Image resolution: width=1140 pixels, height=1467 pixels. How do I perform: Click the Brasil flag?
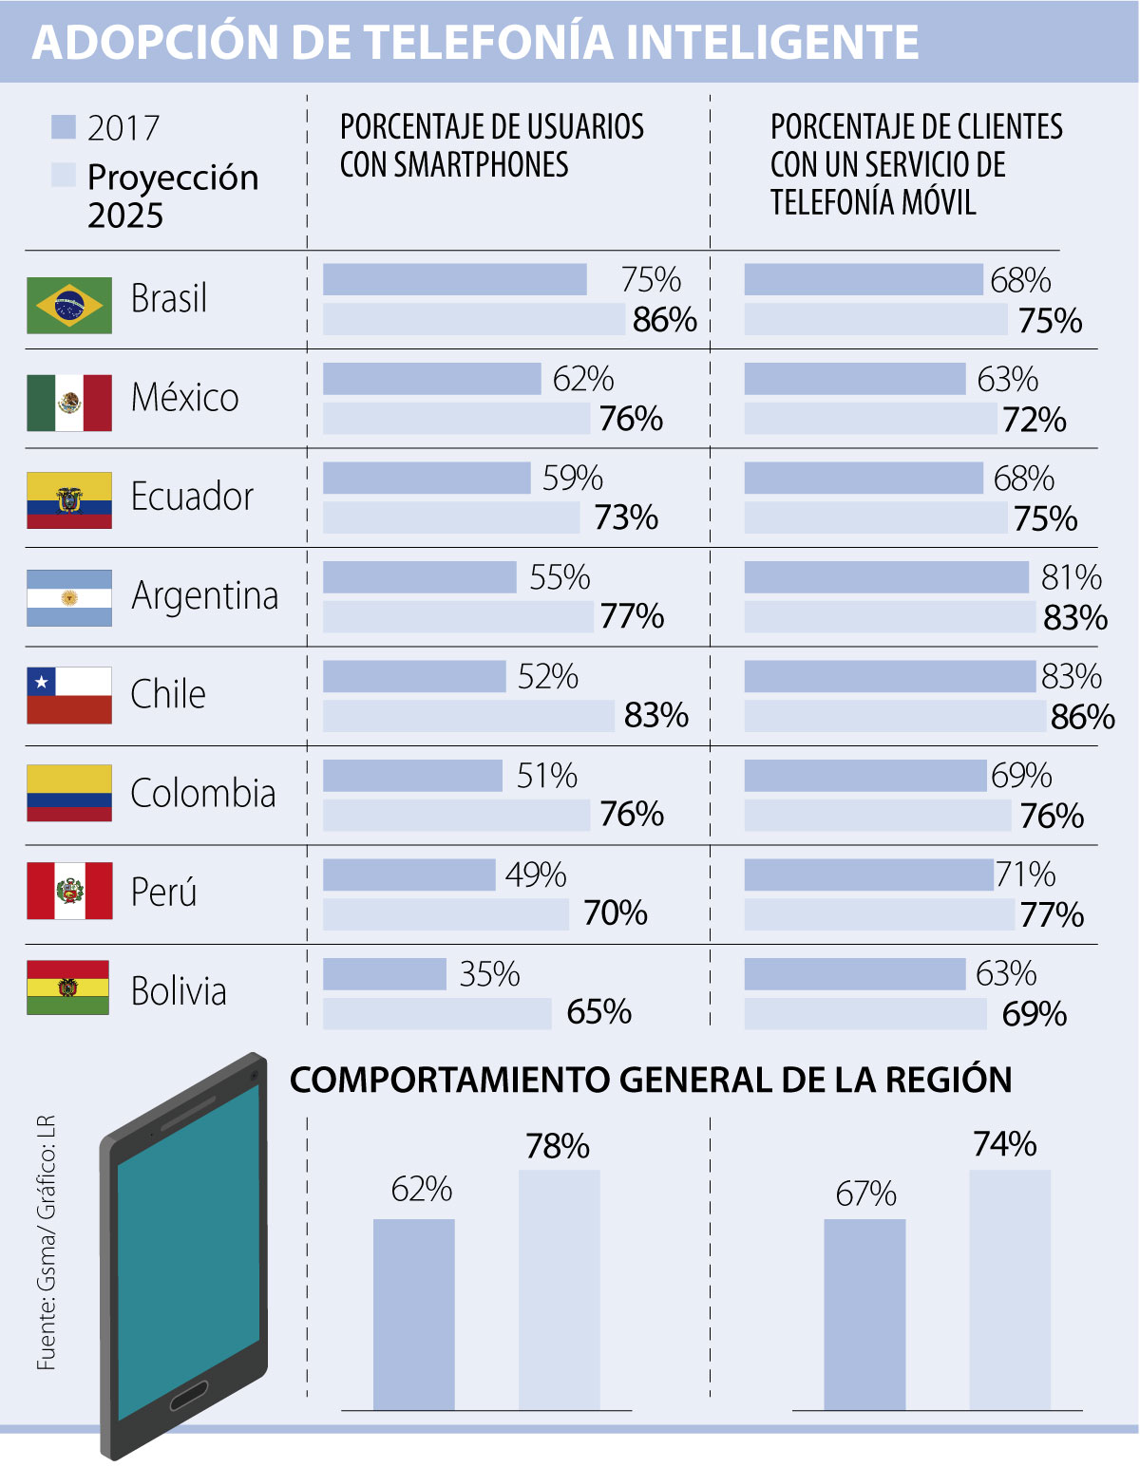(69, 305)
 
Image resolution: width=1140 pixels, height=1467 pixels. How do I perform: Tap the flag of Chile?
(69, 695)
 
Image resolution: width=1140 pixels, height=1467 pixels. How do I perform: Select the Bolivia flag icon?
(68, 987)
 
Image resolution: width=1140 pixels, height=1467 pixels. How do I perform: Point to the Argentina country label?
(205, 596)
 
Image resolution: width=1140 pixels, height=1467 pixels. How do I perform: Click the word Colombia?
(203, 793)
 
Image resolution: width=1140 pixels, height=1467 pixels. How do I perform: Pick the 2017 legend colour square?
(63, 126)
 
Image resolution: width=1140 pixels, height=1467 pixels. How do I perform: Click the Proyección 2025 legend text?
(172, 196)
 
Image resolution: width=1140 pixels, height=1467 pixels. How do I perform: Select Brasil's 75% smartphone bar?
(454, 279)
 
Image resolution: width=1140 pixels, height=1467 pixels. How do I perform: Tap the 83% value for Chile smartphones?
(655, 715)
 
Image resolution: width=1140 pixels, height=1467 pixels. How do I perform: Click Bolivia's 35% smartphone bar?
(384, 974)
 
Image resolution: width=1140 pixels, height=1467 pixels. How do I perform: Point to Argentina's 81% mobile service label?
(1072, 577)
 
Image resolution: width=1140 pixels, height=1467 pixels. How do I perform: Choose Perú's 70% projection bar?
(446, 913)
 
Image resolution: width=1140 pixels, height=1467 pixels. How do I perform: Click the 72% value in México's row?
(1035, 419)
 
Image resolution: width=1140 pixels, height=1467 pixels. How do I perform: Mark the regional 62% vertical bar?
(413, 1314)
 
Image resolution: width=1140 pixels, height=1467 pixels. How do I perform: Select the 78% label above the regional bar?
(558, 1146)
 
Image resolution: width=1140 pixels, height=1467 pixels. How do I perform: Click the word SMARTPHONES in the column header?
(481, 165)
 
